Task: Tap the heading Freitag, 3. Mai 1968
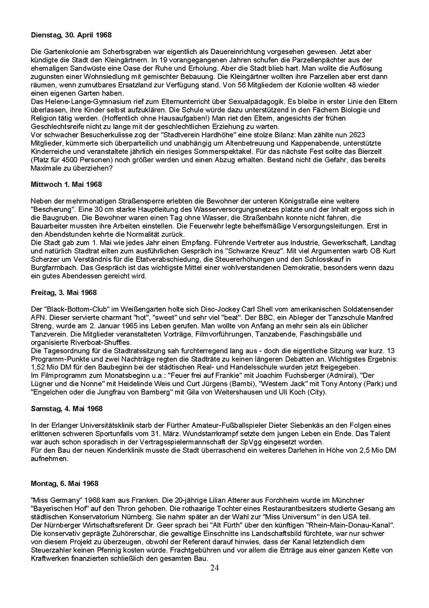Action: click(x=64, y=292)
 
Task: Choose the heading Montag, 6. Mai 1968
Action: click(x=65, y=484)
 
